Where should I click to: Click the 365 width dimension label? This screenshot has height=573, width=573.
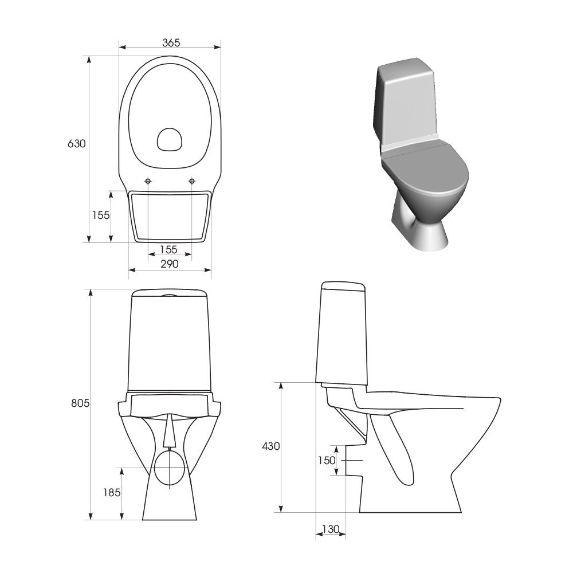pos(171,43)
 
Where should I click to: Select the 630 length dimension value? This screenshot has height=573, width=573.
pos(77,144)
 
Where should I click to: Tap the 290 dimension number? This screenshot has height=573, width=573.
pos(170,264)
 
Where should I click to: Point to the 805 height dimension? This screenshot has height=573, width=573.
pos(80,403)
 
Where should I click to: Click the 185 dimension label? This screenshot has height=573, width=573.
pos(112,493)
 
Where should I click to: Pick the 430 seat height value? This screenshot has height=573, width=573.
pos(271,446)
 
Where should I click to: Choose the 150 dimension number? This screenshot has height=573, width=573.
pos(327,461)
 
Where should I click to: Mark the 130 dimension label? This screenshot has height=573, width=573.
pos(331,529)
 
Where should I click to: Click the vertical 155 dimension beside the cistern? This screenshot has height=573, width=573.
pos(101,215)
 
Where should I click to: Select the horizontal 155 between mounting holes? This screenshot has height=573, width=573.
pos(168,250)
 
